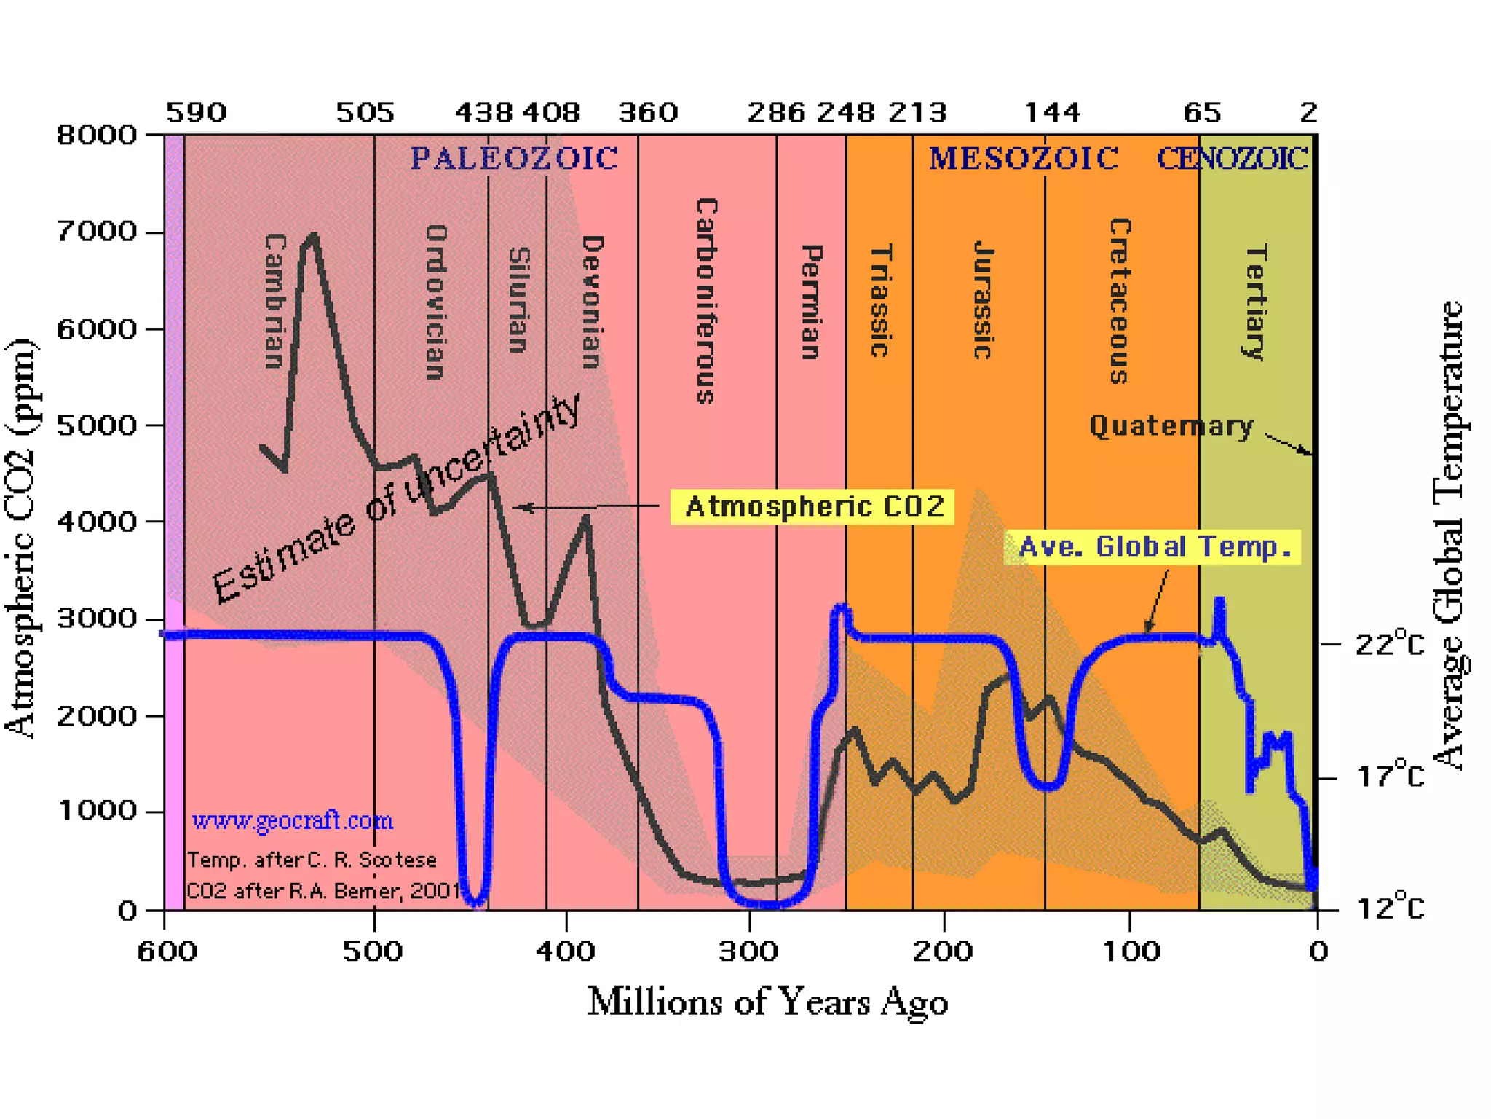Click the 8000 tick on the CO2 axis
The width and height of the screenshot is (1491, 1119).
click(97, 135)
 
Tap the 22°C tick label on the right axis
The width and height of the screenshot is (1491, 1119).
click(1388, 645)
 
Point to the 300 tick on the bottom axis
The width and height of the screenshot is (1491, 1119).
click(749, 951)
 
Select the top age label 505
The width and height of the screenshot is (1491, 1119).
click(365, 113)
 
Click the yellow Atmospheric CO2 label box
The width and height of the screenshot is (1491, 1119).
click(812, 506)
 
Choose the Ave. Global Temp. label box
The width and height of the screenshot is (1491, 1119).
click(1152, 546)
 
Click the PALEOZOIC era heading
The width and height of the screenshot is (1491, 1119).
click(514, 158)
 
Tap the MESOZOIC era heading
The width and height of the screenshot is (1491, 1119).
click(1023, 158)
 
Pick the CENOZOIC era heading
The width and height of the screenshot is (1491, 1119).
click(1232, 158)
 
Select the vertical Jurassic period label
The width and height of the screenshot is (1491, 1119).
click(984, 300)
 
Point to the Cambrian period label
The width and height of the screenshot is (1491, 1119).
click(274, 300)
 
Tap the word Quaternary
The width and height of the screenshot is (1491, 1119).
click(1171, 426)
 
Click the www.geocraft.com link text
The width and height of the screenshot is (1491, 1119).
click(292, 821)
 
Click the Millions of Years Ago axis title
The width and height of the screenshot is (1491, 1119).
click(767, 1002)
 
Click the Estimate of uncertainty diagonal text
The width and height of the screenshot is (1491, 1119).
click(397, 499)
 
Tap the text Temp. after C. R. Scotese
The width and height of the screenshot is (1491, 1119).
click(312, 860)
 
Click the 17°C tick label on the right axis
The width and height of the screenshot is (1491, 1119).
click(1388, 777)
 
